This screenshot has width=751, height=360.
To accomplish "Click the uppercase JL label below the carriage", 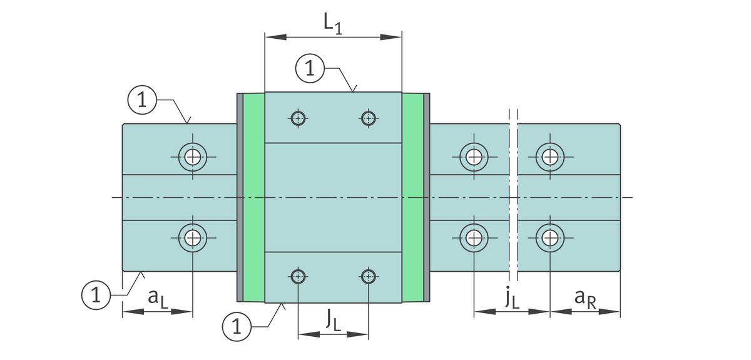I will pos(333,320).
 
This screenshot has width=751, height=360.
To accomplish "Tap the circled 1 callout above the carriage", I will pos(310,69).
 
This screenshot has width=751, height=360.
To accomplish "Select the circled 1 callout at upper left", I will pos(142,100).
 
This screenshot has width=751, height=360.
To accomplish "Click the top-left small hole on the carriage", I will pos(298,117).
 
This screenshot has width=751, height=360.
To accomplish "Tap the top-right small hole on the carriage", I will pos(368,117).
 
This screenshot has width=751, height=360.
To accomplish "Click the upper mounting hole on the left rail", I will pos(193,157).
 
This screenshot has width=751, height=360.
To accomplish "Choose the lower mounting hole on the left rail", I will pos(193,237).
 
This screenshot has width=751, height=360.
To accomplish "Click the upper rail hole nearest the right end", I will pos(550,157).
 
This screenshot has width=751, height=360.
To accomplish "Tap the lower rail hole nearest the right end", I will pos(550,237).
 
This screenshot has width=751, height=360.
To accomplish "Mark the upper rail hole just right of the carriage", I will pos(474,157).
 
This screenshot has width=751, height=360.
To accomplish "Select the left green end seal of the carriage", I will pos(253,197).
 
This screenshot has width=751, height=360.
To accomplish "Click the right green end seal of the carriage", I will pos(412,197).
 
